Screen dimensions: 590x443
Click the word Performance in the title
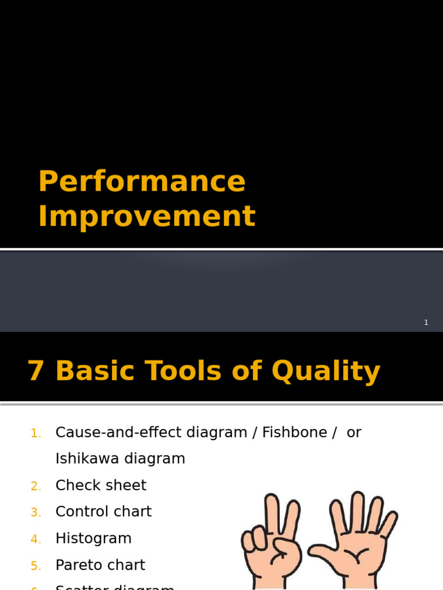(142, 181)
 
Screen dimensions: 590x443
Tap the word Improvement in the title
(147, 217)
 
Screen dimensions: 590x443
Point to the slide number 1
(426, 323)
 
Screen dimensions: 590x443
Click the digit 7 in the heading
(36, 372)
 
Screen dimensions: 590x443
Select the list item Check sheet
(101, 486)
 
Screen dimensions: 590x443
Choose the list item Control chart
(103, 512)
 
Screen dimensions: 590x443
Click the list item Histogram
(93, 539)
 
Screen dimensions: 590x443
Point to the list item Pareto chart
(100, 565)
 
